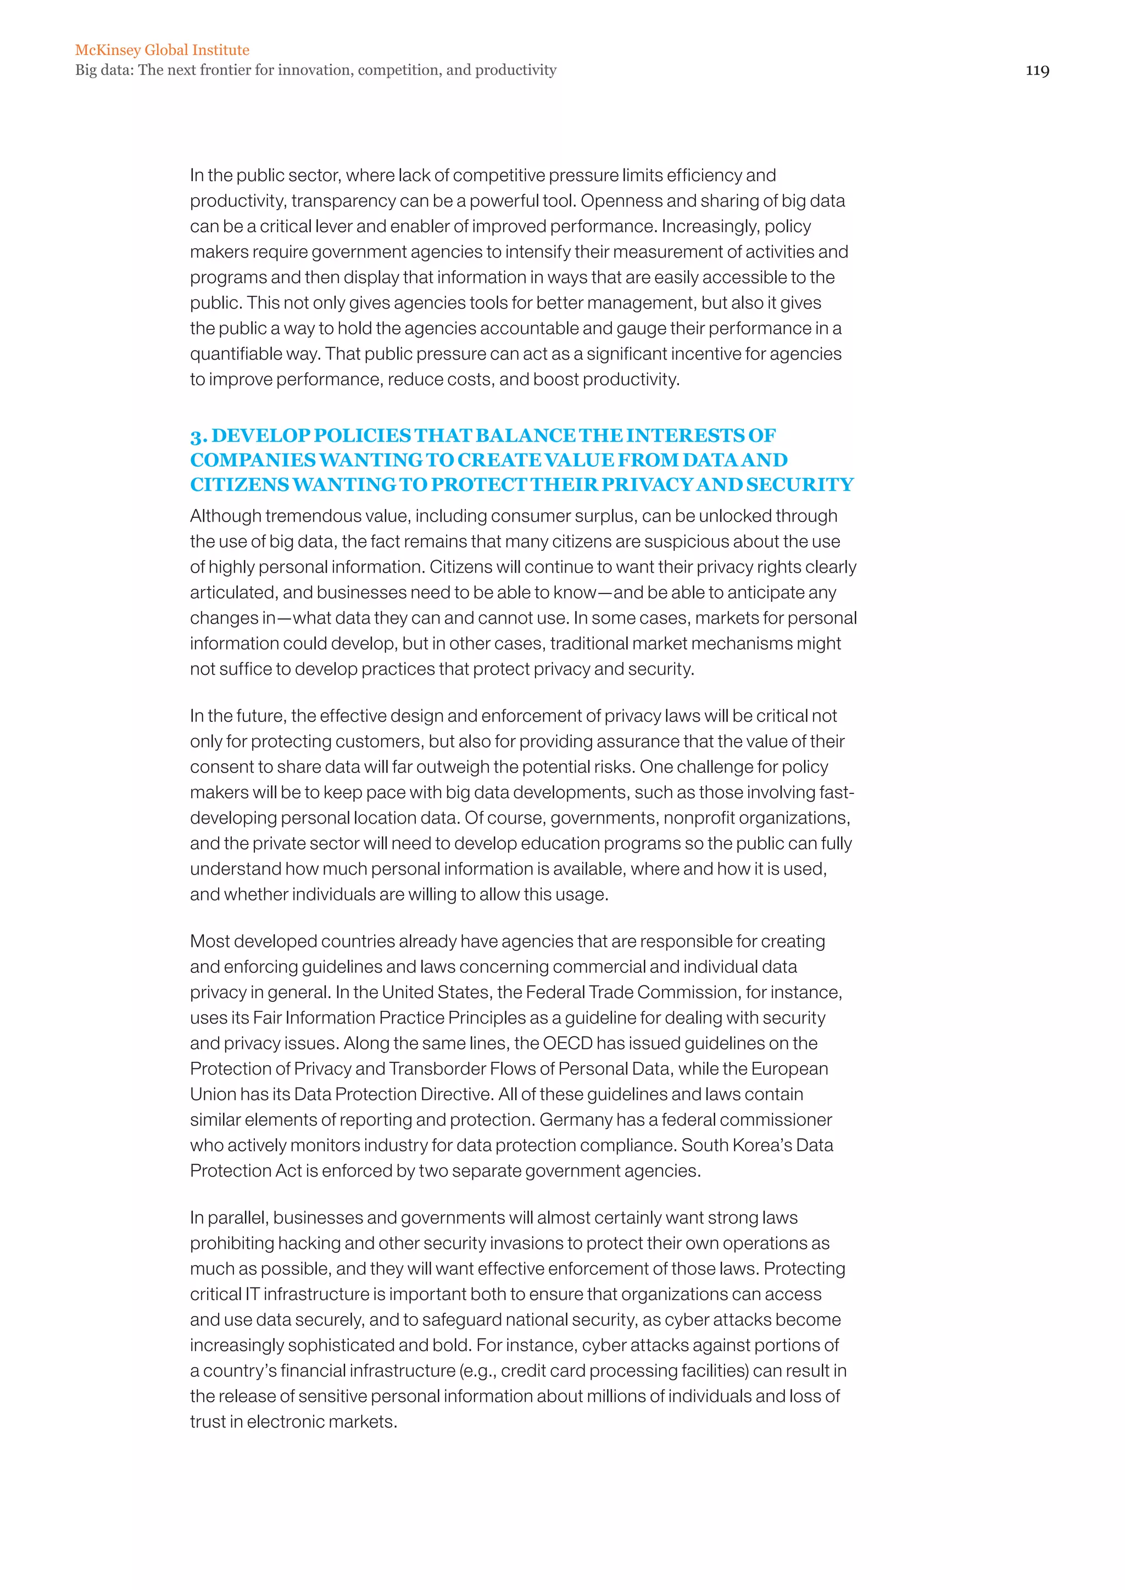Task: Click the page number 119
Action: click(1037, 70)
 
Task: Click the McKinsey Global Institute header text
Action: click(162, 50)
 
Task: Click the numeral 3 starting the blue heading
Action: click(197, 436)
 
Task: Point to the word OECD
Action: click(567, 1043)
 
